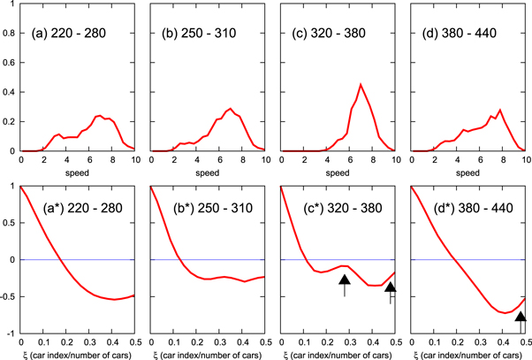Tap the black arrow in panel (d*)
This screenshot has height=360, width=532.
point(521,318)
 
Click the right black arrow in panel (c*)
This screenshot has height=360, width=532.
point(391,288)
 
